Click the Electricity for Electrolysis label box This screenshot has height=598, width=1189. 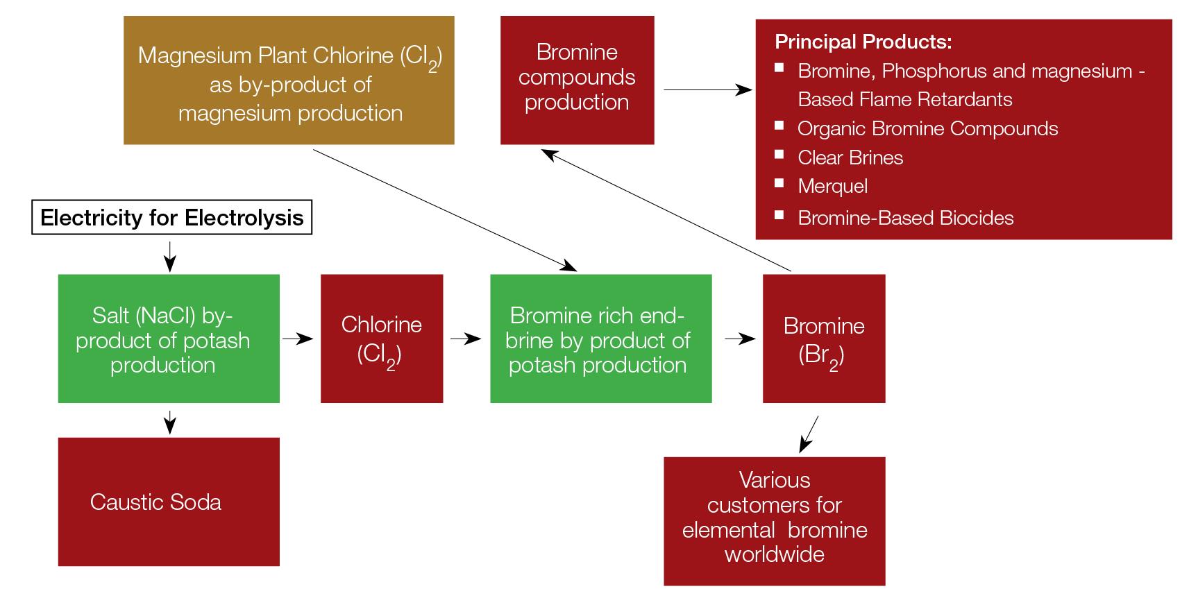coord(172,218)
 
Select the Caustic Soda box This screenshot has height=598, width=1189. coord(169,502)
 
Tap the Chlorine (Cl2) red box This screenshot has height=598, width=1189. coord(382,339)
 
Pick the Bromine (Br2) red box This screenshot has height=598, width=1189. coord(824,339)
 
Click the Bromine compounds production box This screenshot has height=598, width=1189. coord(577,80)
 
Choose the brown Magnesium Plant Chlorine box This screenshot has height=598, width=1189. coord(289,80)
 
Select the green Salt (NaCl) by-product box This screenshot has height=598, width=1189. coord(169,339)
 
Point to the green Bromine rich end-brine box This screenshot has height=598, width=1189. coord(601,339)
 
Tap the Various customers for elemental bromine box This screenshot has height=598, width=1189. coord(775,521)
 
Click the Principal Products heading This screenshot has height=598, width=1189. coord(863,42)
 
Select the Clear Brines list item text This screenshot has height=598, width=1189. coord(850,157)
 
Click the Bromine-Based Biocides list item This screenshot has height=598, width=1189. coord(905,218)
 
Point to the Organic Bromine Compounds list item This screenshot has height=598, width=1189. coord(927,128)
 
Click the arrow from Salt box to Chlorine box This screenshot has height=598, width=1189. coord(298,339)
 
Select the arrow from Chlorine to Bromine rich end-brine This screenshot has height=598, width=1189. coord(466,339)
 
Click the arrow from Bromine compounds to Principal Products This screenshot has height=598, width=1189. coord(708,89)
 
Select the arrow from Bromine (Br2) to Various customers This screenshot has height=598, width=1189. coord(809,434)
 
